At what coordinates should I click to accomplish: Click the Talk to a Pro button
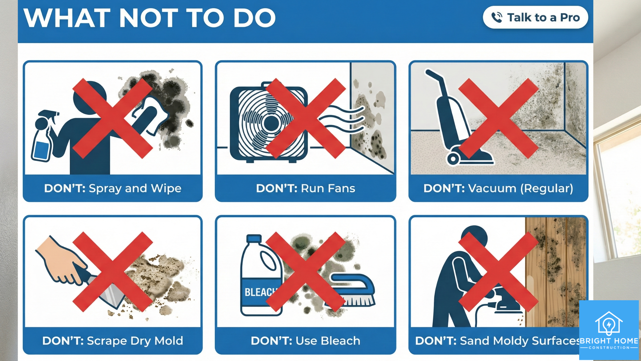(535, 17)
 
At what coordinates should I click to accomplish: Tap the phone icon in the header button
(497, 17)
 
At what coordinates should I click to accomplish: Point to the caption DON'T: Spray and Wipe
(113, 189)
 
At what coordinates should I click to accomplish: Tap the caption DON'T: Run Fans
(305, 189)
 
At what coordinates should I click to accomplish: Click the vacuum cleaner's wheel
(453, 158)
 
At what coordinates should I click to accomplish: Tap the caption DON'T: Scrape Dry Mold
(113, 341)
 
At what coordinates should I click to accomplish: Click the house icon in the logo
(609, 323)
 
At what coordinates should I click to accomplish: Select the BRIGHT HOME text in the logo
(609, 341)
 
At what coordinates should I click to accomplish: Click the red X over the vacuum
(498, 118)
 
